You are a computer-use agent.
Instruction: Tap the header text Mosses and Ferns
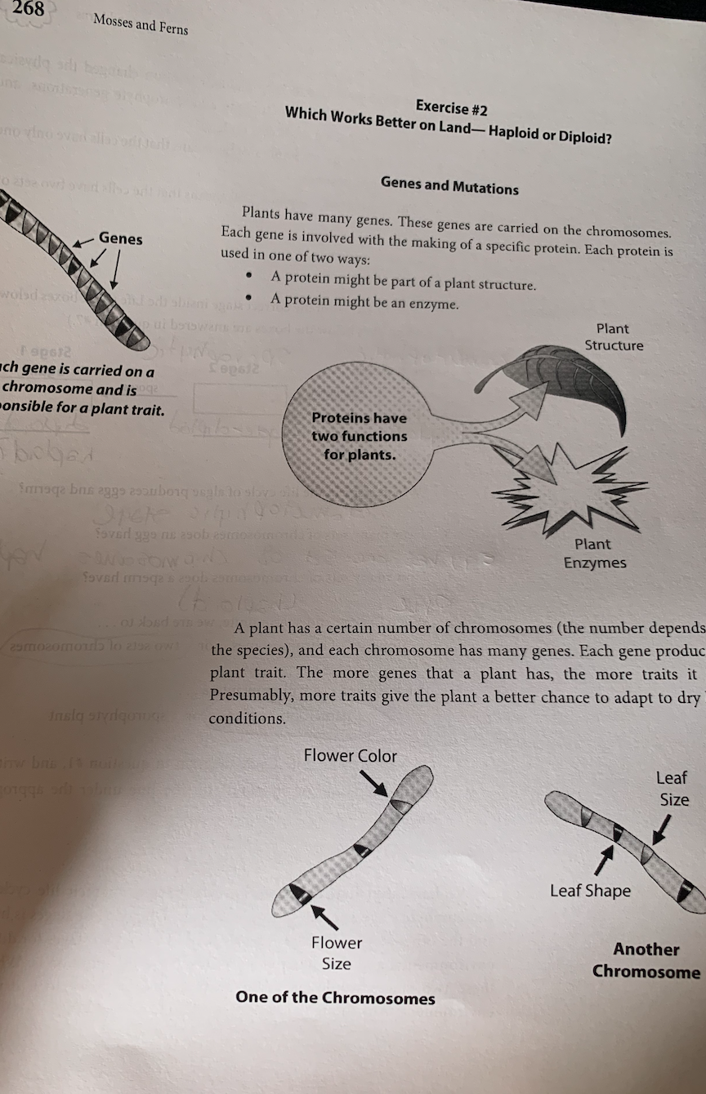(x=141, y=25)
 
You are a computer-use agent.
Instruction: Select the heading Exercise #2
(x=454, y=107)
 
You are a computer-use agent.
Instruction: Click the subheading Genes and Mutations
(x=449, y=186)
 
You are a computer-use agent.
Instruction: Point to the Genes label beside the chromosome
(x=120, y=238)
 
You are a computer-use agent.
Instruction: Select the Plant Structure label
(x=613, y=336)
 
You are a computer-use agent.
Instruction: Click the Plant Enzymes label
(x=594, y=553)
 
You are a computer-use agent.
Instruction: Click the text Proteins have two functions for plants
(x=359, y=435)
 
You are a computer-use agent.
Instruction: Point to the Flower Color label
(x=350, y=755)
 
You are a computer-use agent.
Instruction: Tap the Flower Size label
(x=336, y=953)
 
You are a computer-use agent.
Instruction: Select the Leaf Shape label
(x=590, y=890)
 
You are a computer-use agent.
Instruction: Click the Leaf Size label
(x=673, y=788)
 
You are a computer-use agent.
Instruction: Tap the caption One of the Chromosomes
(x=335, y=997)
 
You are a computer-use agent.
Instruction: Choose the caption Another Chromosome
(x=646, y=960)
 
